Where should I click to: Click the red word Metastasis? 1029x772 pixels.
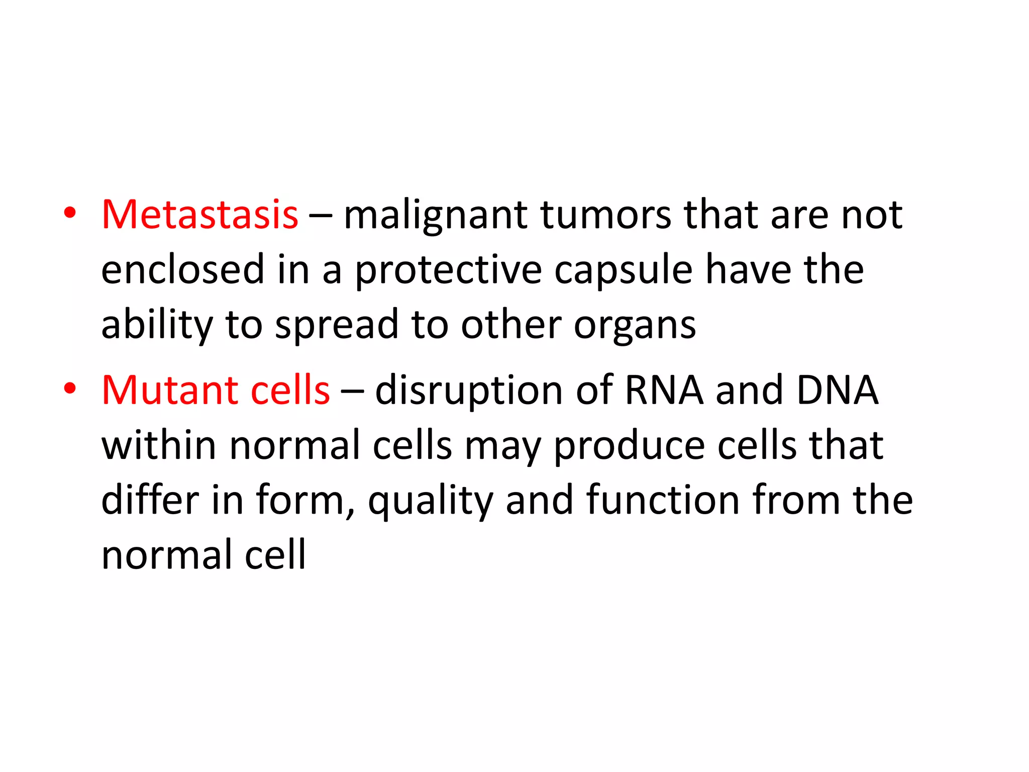pos(199,215)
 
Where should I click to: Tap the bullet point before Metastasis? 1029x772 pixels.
pos(70,213)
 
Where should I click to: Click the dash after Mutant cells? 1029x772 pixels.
pos(352,391)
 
